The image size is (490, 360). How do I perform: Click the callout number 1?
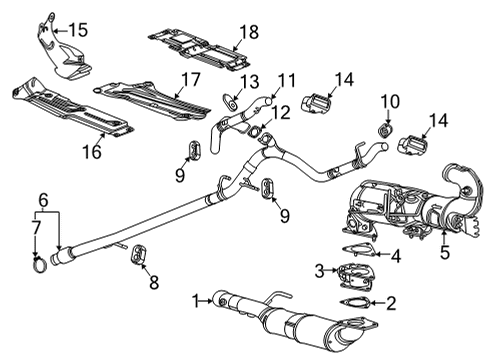click(x=198, y=297)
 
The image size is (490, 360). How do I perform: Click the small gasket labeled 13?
click(x=230, y=98)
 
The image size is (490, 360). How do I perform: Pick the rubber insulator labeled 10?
click(x=384, y=128)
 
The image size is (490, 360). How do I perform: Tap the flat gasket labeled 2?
click(x=353, y=299)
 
